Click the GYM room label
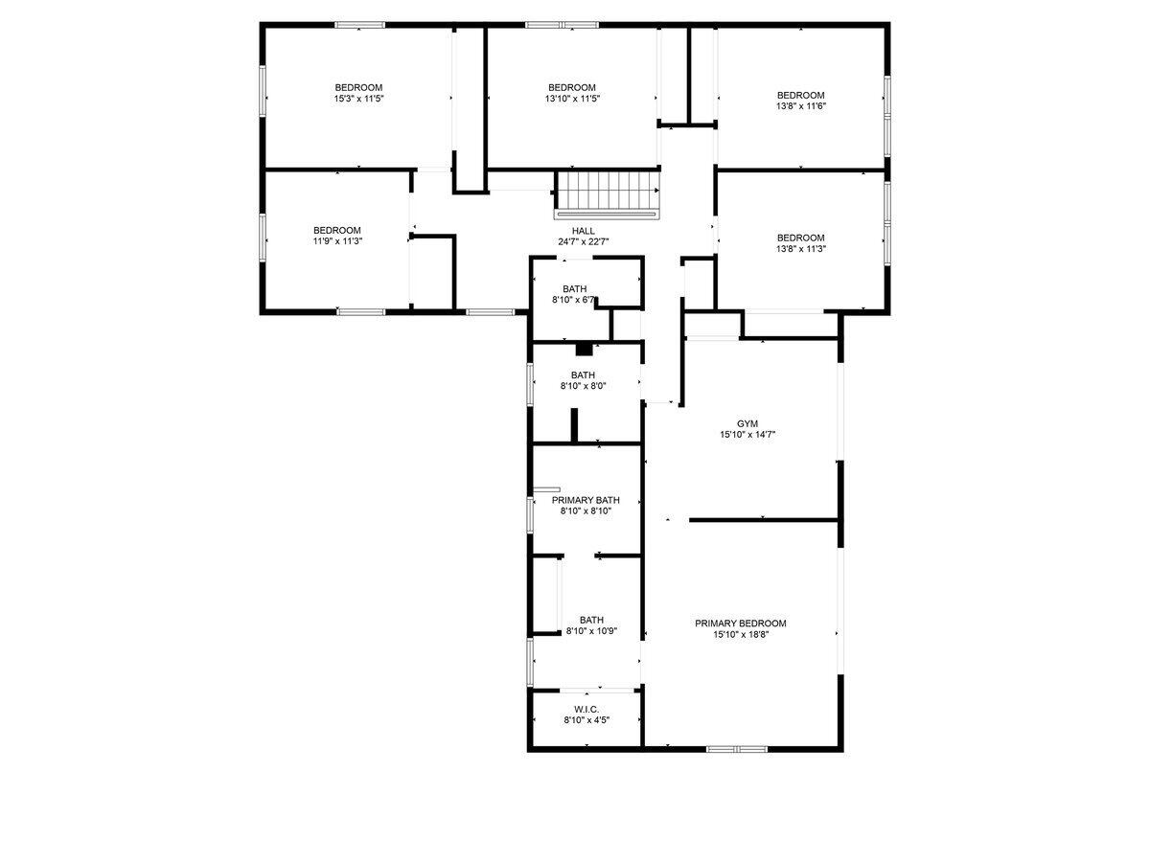coord(747,423)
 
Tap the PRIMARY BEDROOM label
coord(740,623)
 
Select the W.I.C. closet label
coord(586,709)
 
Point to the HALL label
coord(583,231)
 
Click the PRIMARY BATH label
coord(586,500)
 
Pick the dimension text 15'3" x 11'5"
coord(358,99)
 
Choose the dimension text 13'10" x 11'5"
coord(572,99)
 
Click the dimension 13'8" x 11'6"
coord(800,105)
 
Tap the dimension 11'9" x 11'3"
coord(337,241)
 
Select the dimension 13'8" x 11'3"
coord(800,249)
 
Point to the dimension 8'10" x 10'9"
coord(591,630)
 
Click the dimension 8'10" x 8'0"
coord(583,386)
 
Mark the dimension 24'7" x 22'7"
coord(583,241)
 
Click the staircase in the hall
coord(608,194)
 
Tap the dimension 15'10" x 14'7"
coord(747,434)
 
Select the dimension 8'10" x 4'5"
coord(586,719)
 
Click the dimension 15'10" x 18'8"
coord(740,634)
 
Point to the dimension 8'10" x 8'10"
coord(586,510)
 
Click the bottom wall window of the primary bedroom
coord(737,749)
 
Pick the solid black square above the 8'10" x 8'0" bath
coord(584,349)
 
